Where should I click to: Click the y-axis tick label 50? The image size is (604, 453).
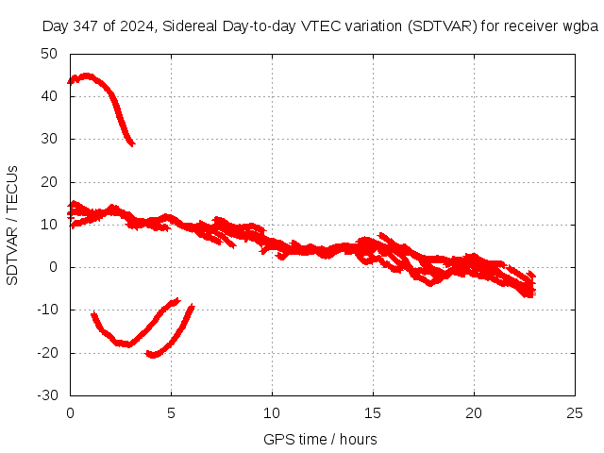coord(49,54)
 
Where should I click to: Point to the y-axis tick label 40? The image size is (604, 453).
coord(49,96)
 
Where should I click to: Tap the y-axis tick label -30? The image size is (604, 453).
coord(47,395)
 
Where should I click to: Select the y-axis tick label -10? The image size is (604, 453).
coord(47,310)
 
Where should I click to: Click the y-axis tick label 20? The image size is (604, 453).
coord(49,182)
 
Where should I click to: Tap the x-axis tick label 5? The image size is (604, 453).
coord(171,413)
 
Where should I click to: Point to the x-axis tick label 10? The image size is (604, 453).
coord(272,413)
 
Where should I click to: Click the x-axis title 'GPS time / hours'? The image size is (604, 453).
coord(320,439)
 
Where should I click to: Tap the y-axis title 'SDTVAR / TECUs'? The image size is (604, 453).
coord(13,225)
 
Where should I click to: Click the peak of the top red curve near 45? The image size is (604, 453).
coord(87,75)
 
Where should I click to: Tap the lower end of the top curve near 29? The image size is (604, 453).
coord(132,143)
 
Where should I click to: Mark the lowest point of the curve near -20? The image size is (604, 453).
coord(152,355)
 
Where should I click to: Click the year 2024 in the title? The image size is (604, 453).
coord(138,25)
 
